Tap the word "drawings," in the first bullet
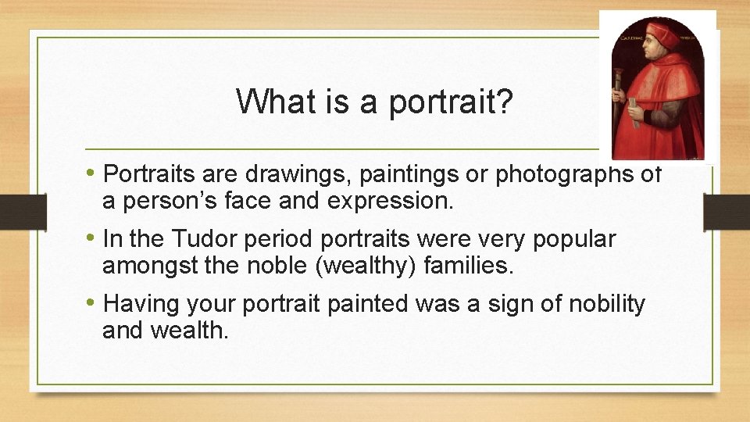298,173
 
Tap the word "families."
470,266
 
